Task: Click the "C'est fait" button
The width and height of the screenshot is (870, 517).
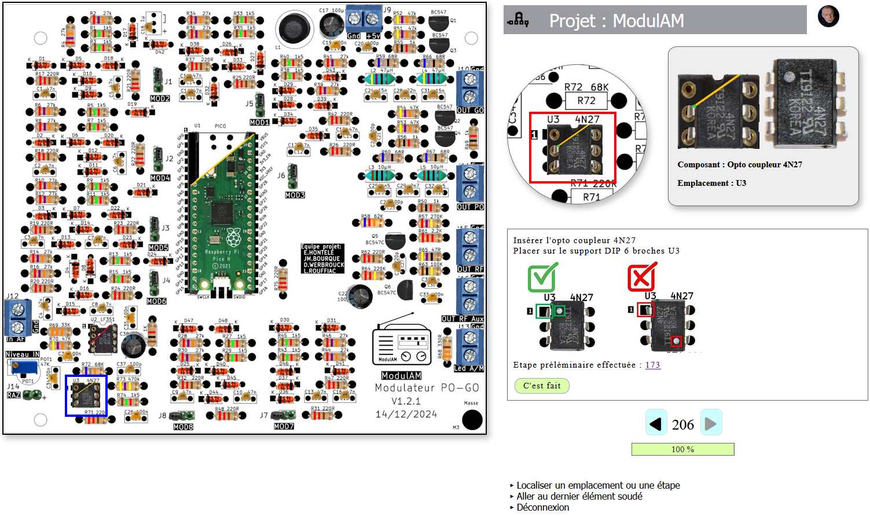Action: point(542,386)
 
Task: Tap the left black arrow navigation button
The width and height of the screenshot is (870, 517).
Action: point(656,424)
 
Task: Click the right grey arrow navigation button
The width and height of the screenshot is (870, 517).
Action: point(711,424)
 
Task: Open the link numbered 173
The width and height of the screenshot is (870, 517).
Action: point(652,365)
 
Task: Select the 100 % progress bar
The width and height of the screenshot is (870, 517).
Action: point(682,449)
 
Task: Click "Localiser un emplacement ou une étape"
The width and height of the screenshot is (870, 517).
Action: point(598,485)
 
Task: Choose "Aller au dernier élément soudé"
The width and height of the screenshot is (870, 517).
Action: point(579,496)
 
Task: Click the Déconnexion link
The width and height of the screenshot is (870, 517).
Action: point(542,507)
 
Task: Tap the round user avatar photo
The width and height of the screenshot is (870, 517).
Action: point(828,16)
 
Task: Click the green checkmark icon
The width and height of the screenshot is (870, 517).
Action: point(543,277)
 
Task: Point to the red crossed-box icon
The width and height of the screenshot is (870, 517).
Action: point(642,277)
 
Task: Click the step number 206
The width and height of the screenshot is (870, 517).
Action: point(683,424)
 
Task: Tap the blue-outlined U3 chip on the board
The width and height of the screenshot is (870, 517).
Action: point(86,395)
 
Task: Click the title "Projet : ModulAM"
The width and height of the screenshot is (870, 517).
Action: point(616,21)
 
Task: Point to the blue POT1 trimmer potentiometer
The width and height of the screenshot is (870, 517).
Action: point(23,366)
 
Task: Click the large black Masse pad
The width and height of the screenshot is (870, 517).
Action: point(472,420)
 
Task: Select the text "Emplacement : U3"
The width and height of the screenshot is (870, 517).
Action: point(711,183)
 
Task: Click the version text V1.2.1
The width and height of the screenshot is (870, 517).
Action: point(406,401)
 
